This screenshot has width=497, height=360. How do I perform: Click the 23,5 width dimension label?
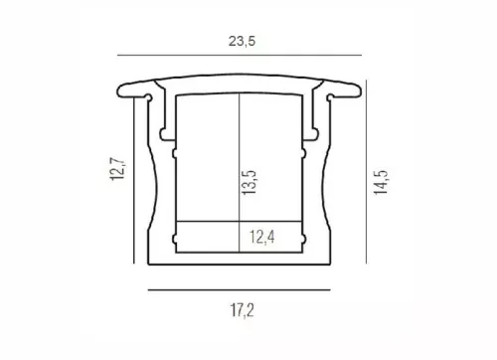(242, 41)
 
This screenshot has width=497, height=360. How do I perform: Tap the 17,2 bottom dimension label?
(243, 310)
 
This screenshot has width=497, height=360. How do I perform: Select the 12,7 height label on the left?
(117, 169)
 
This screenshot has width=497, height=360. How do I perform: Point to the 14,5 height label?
(381, 182)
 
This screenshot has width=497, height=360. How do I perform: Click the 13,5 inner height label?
(249, 182)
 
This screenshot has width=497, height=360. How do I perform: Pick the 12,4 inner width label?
(261, 237)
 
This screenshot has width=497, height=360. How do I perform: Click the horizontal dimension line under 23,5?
(240, 55)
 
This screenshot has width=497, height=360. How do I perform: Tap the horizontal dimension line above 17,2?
(239, 290)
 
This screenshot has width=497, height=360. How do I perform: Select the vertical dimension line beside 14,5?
(366, 172)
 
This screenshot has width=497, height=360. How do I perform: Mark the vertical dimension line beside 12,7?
(134, 180)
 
